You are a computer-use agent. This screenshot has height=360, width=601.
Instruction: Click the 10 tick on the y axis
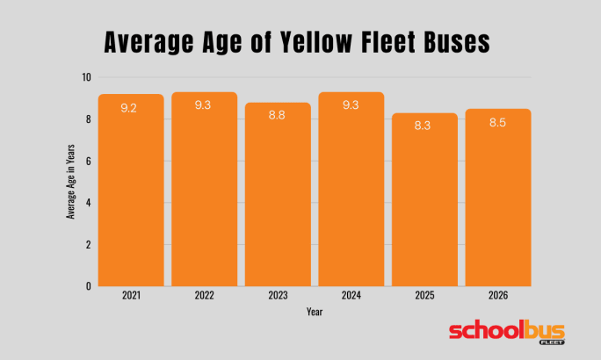point(87,77)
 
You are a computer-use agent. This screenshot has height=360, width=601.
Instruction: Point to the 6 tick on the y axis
point(89,161)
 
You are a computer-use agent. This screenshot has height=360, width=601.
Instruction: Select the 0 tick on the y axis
point(89,286)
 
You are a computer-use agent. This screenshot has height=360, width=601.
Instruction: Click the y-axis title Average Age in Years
point(69,181)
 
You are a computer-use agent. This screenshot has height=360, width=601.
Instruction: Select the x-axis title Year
point(314,312)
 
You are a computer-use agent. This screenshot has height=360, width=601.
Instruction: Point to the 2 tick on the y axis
point(89,244)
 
